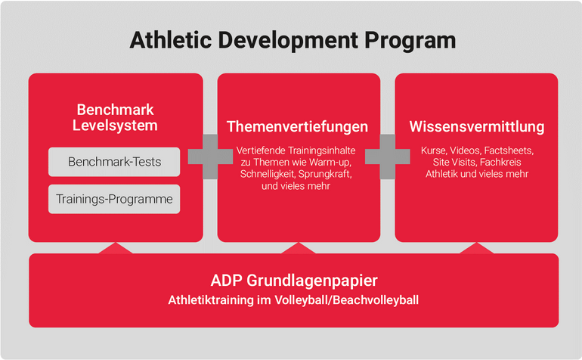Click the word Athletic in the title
(171, 40)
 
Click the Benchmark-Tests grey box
(114, 162)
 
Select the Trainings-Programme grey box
(114, 199)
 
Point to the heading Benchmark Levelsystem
(115, 117)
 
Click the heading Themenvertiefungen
(297, 126)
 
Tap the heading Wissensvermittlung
(477, 126)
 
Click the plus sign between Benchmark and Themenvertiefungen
(210, 157)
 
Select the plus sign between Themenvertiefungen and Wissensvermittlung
(388, 157)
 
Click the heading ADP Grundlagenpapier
(294, 281)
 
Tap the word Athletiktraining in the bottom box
(211, 300)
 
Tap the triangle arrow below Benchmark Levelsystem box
(116, 248)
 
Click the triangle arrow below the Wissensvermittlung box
(477, 248)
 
